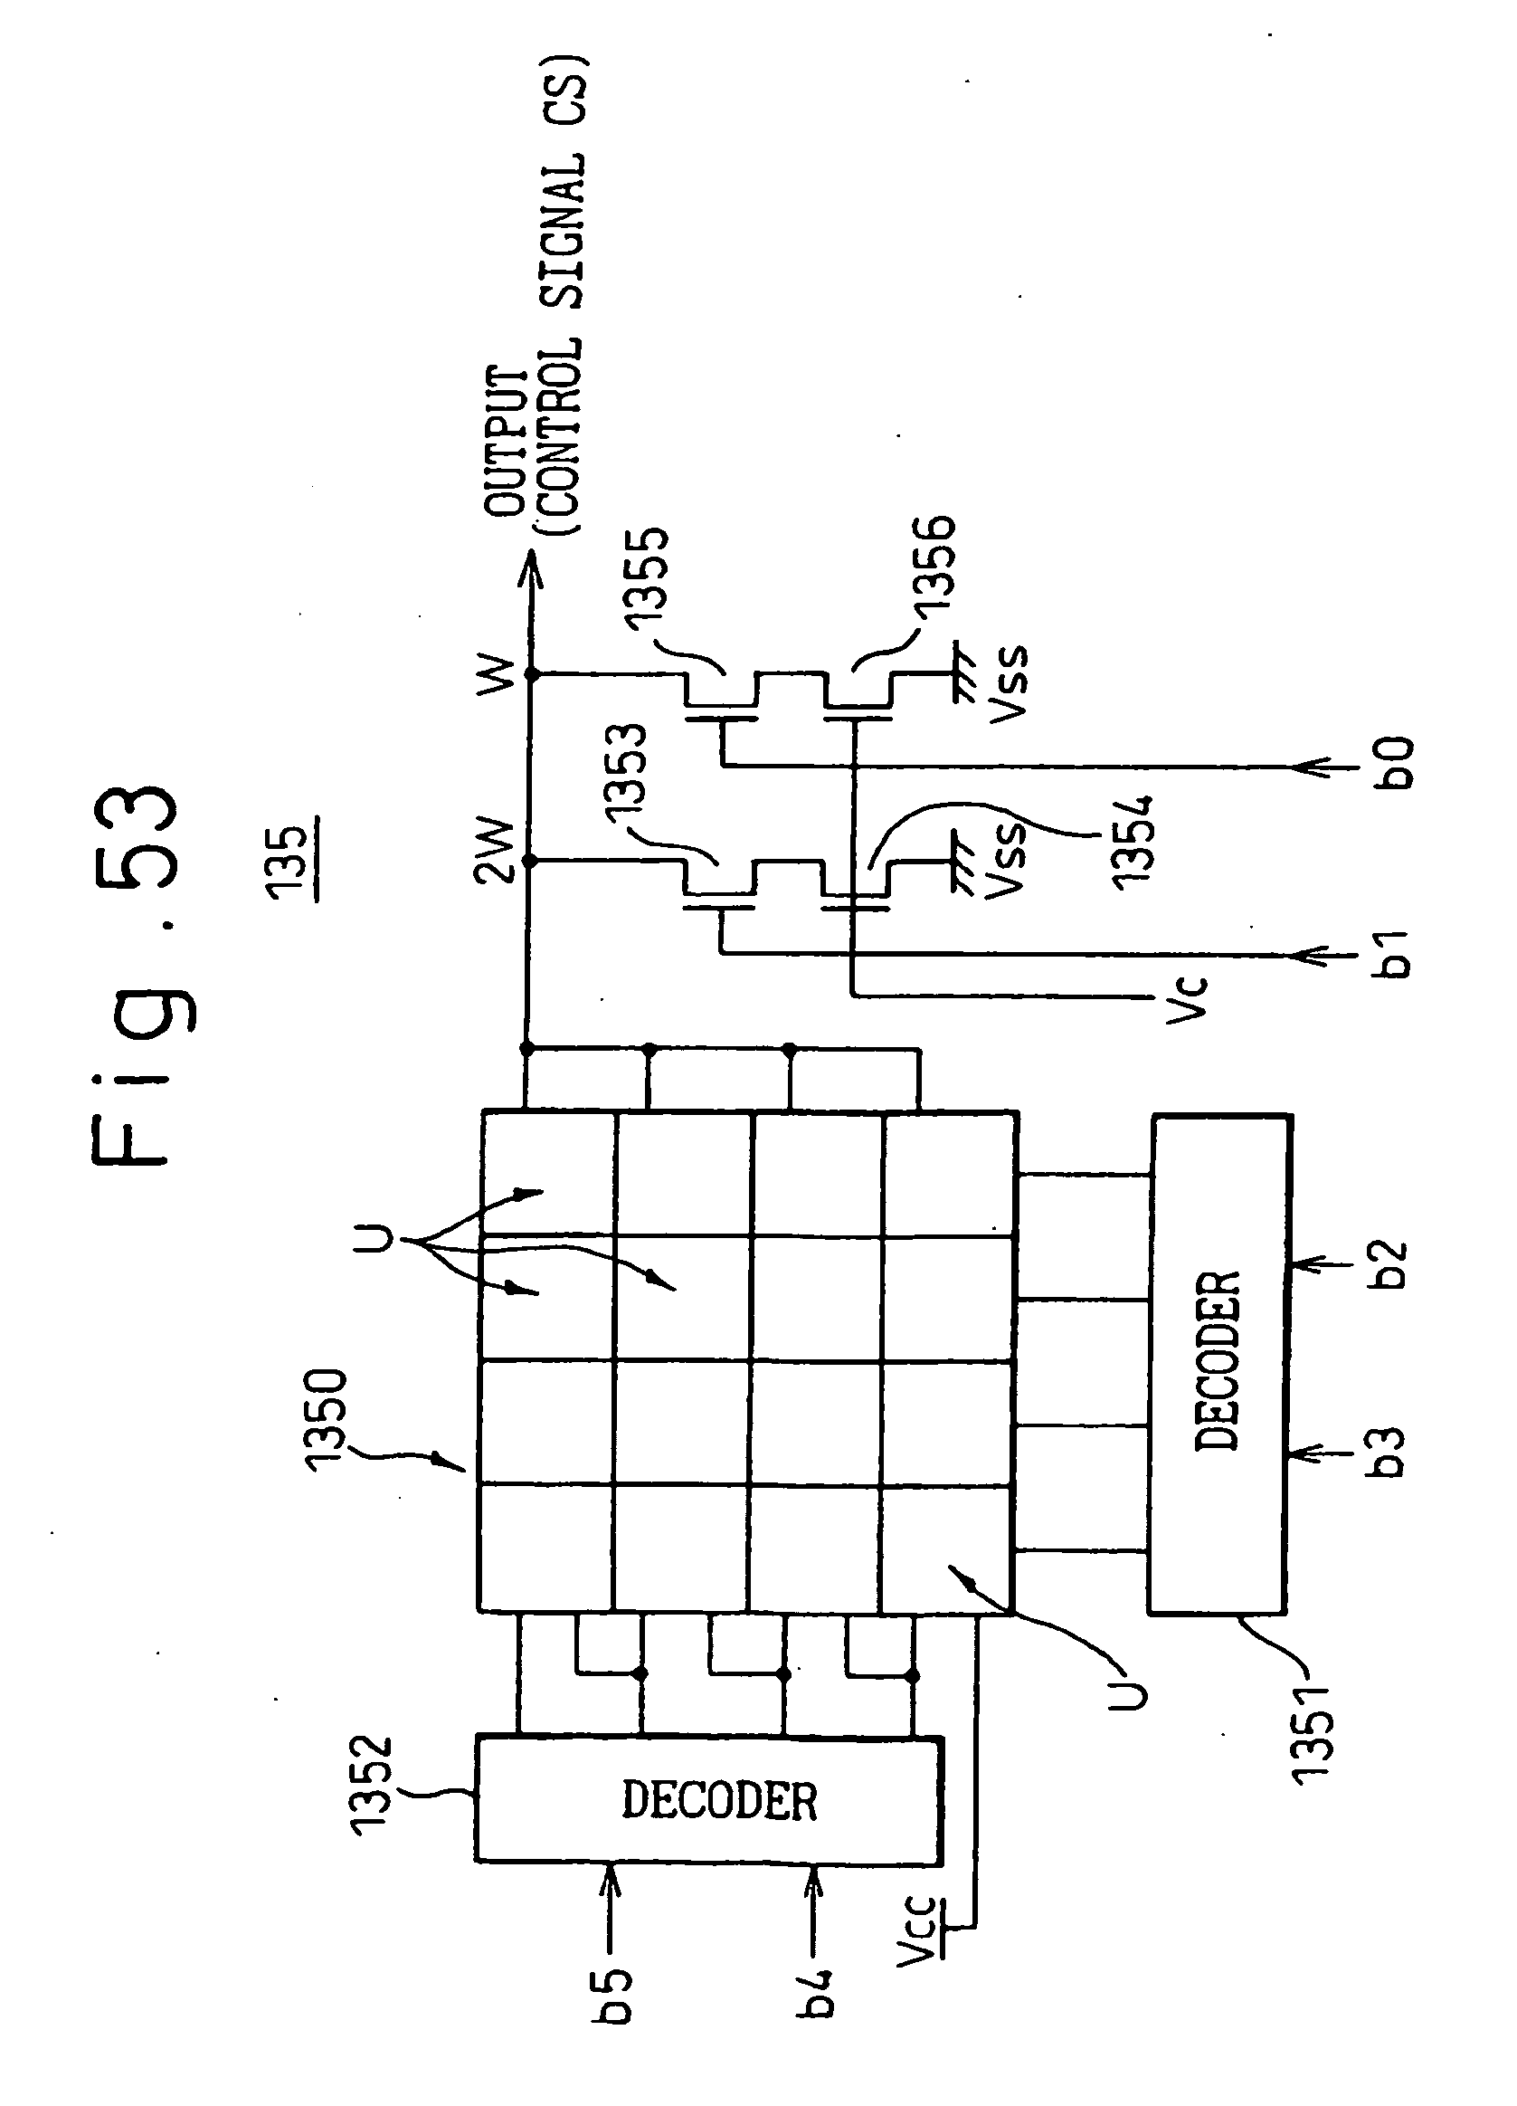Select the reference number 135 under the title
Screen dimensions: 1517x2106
(289, 862)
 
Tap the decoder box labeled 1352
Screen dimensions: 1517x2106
(709, 1800)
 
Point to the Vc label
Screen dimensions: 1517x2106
(1188, 998)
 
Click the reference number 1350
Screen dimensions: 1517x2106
(326, 1420)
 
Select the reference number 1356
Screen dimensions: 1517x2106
(932, 566)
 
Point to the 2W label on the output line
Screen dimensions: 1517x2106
(493, 849)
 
